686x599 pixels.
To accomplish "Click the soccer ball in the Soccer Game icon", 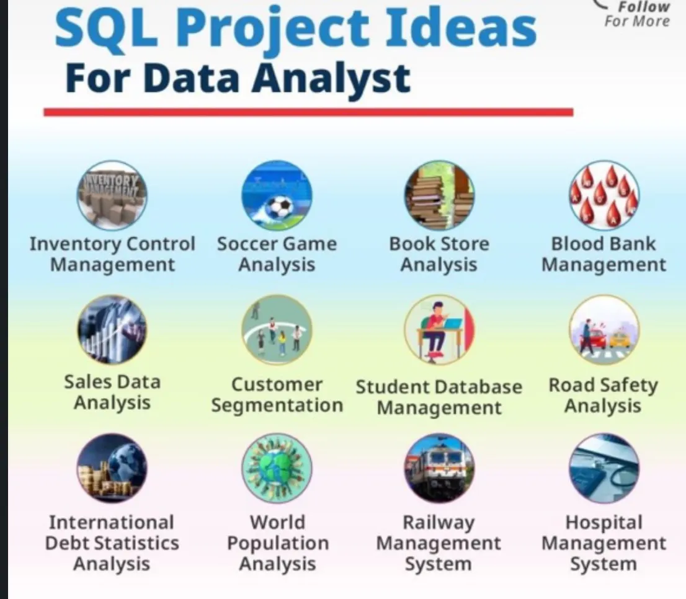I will [282, 206].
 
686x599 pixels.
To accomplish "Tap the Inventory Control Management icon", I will [112, 195].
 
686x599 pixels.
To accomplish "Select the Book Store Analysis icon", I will [439, 195].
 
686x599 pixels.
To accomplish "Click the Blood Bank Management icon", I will [604, 195].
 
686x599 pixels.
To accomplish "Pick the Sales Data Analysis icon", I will [112, 329].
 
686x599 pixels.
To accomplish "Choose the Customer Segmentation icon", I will [277, 329].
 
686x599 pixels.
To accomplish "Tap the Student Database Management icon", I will [439, 329].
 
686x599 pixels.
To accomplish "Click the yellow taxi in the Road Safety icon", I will [618, 339].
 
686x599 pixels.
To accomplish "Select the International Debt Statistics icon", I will [112, 468].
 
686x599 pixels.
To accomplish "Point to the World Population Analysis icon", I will [277, 468].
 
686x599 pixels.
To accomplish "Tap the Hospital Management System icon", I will [604, 468].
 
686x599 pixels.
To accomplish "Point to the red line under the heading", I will [308, 112].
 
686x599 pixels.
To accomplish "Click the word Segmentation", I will [277, 406].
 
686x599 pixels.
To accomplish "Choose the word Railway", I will [438, 522].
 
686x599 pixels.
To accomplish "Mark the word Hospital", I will [604, 522].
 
